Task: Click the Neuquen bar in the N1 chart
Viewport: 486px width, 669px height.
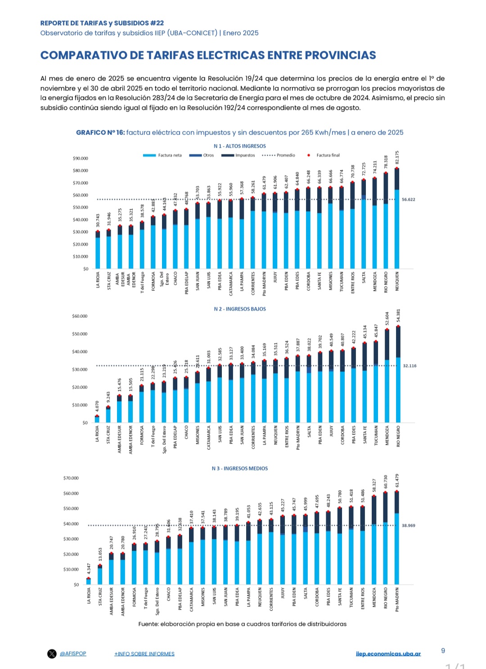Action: pos(397,221)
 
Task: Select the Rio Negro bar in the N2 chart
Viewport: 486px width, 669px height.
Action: pos(398,378)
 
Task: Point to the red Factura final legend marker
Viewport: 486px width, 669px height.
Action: pos(309,155)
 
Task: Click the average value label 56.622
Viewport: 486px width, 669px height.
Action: pos(409,199)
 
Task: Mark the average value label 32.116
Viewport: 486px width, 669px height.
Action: pos(409,366)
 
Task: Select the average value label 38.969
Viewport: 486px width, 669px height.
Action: pos(409,525)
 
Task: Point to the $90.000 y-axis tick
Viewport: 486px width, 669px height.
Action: pos(81,158)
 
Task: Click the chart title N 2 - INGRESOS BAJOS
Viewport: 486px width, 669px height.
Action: pos(240,309)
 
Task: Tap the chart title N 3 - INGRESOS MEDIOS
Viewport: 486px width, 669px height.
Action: pos(240,469)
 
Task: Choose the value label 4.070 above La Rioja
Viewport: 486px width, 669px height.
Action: pos(97,407)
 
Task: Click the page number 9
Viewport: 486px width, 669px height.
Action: pos(443,651)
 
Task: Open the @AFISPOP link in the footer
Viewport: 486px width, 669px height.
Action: pos(73,654)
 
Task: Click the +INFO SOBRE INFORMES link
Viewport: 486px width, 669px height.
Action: pos(144,654)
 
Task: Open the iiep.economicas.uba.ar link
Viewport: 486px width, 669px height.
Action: pos(388,654)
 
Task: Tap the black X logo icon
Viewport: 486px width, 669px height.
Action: pos(52,654)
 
